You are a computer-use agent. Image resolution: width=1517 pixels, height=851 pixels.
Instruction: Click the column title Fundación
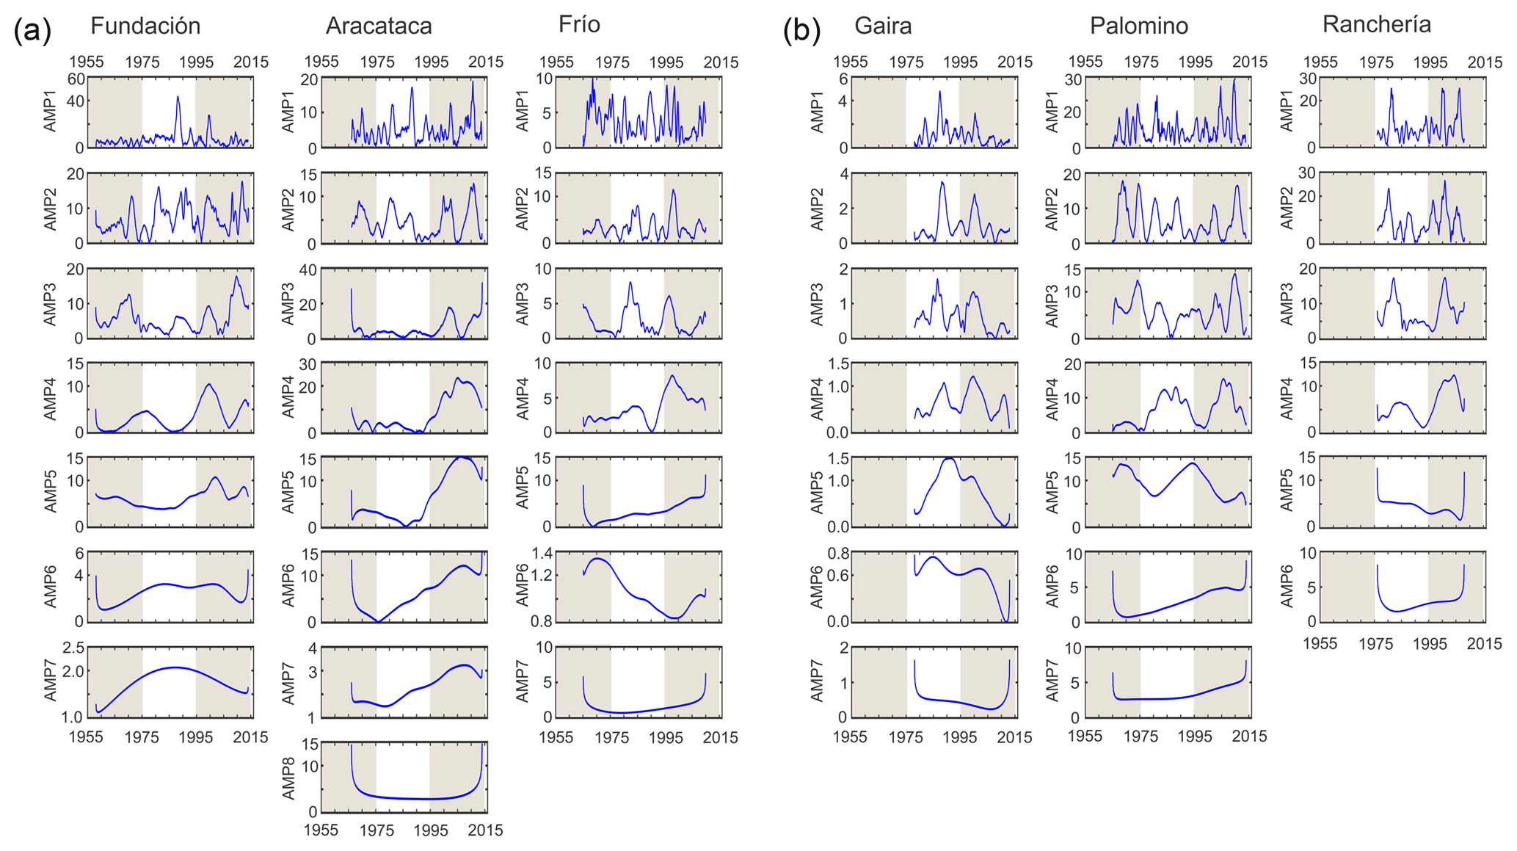[x=145, y=26]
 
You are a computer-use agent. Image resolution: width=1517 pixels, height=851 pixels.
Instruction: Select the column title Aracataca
[x=379, y=26]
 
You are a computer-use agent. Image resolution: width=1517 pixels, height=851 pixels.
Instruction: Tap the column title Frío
[x=579, y=24]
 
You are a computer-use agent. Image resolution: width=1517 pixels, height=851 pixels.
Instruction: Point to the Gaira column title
[x=883, y=26]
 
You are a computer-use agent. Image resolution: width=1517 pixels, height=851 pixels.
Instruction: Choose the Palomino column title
[x=1138, y=26]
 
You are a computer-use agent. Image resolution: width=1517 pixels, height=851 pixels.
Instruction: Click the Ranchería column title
[x=1376, y=24]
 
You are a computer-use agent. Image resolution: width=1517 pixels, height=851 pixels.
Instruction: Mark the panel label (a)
[x=32, y=32]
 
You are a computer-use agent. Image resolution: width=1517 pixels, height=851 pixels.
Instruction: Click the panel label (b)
[x=801, y=32]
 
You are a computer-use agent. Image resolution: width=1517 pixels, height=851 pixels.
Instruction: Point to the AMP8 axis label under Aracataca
[x=288, y=778]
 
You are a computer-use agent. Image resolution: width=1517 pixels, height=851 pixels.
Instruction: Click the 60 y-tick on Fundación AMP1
[x=75, y=79]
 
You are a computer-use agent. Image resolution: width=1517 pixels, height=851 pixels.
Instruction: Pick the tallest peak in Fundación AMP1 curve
[x=178, y=97]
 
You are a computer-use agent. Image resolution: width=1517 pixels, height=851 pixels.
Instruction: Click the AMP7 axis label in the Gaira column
[x=817, y=681]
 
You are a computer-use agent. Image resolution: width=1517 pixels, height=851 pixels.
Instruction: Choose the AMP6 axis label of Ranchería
[x=1287, y=587]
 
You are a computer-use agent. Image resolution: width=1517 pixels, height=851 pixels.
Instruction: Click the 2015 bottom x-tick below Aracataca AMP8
[x=486, y=830]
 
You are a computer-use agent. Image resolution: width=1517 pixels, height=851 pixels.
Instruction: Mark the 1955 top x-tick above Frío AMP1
[x=556, y=62]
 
